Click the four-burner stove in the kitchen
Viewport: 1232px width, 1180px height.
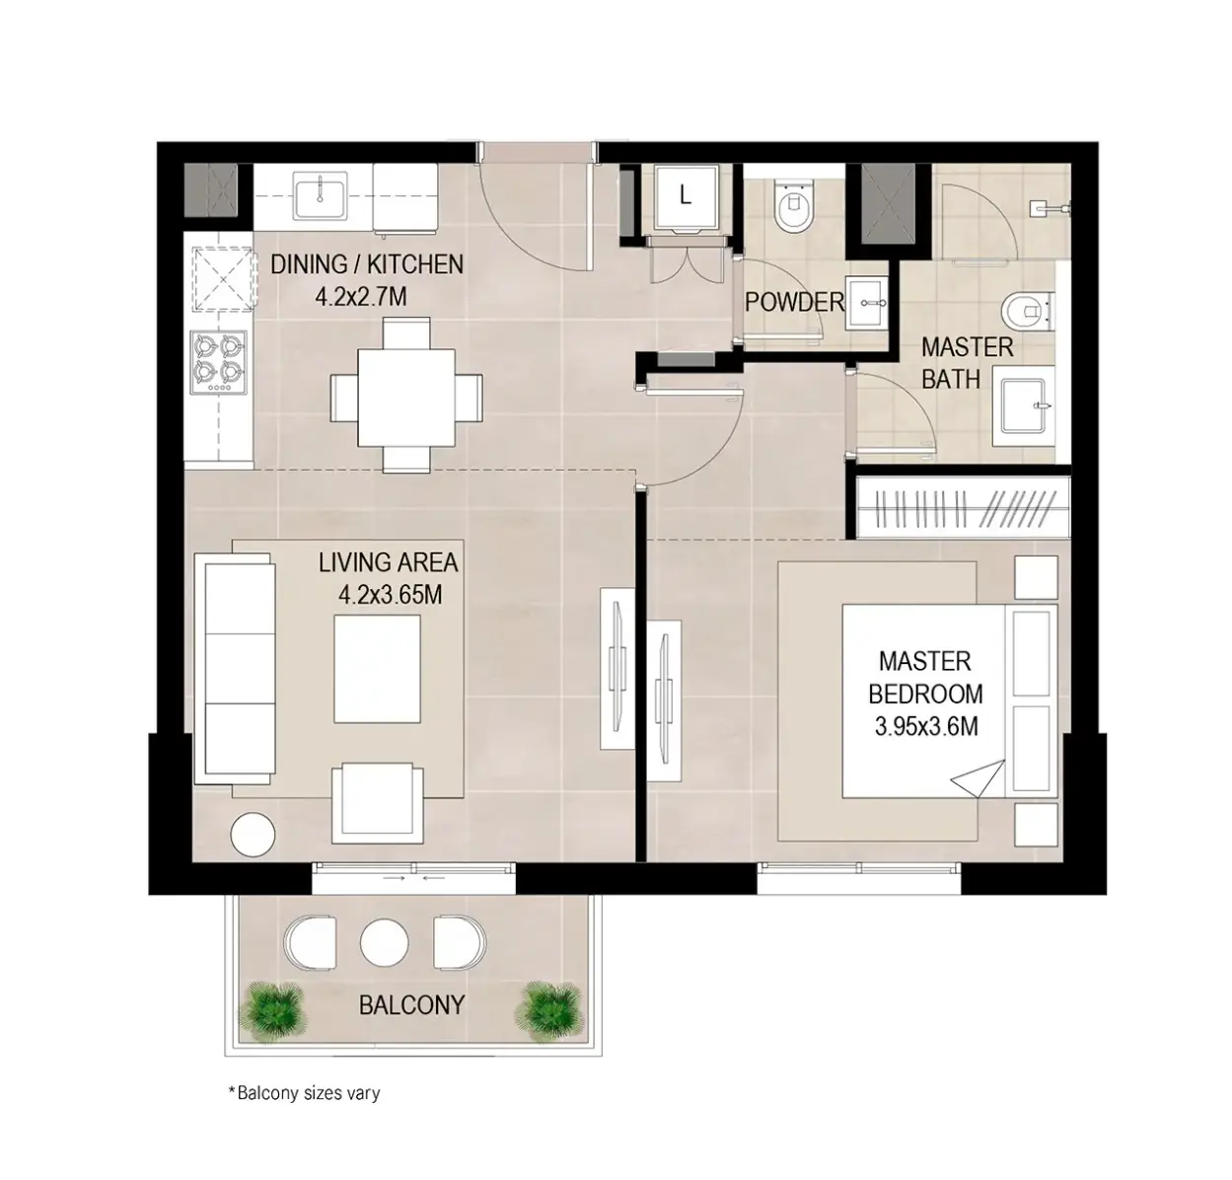coord(218,363)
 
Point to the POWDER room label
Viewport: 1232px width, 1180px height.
coord(794,302)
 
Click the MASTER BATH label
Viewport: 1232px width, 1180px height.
coord(967,363)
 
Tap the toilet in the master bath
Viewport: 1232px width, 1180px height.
coord(1028,311)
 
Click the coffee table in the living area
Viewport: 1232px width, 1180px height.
coord(378,668)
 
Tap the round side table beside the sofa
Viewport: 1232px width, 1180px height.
coord(253,835)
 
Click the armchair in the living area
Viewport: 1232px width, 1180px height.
coord(378,802)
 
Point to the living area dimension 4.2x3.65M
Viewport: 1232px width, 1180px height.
coord(390,595)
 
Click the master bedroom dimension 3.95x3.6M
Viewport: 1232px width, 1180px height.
coord(926,726)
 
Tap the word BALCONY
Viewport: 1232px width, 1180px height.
coord(411,1005)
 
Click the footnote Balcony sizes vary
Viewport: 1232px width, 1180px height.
coord(305,1092)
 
